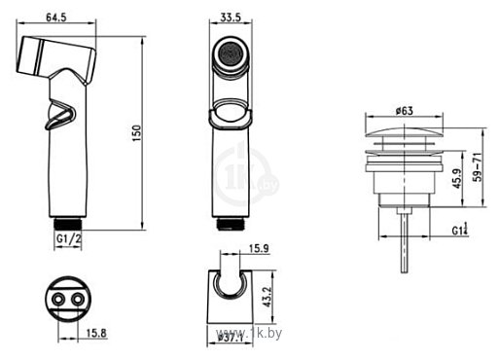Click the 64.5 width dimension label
56,17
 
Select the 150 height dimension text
136,133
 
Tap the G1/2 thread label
69,239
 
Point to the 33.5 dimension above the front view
231,17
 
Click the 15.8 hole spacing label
96,333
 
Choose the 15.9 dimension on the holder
259,249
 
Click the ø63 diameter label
405,111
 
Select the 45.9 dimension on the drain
456,178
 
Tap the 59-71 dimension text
478,167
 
